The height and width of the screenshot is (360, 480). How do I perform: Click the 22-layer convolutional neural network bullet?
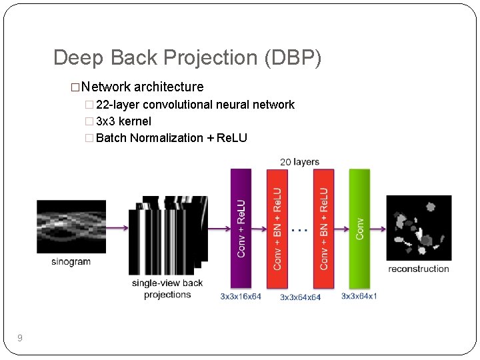coord(195,105)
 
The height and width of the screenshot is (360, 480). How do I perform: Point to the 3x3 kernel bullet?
coord(123,121)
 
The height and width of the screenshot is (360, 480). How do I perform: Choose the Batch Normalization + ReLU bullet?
coord(171,138)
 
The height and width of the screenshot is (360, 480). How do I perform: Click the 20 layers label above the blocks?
coord(299,162)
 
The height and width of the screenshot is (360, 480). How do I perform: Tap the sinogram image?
coord(71,227)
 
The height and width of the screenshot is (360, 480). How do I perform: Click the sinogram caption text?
coord(71,262)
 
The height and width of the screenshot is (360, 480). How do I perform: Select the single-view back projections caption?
coord(167,289)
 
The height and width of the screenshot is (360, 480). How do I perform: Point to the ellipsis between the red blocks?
coord(300,229)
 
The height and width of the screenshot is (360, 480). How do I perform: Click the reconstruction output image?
coord(419,228)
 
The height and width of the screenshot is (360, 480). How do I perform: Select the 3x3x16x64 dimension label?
coord(241,296)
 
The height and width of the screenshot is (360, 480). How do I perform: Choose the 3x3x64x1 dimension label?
coord(359,296)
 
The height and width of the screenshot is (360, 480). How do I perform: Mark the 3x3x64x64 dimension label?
coord(300,297)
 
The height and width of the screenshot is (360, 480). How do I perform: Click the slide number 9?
coord(20,339)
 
